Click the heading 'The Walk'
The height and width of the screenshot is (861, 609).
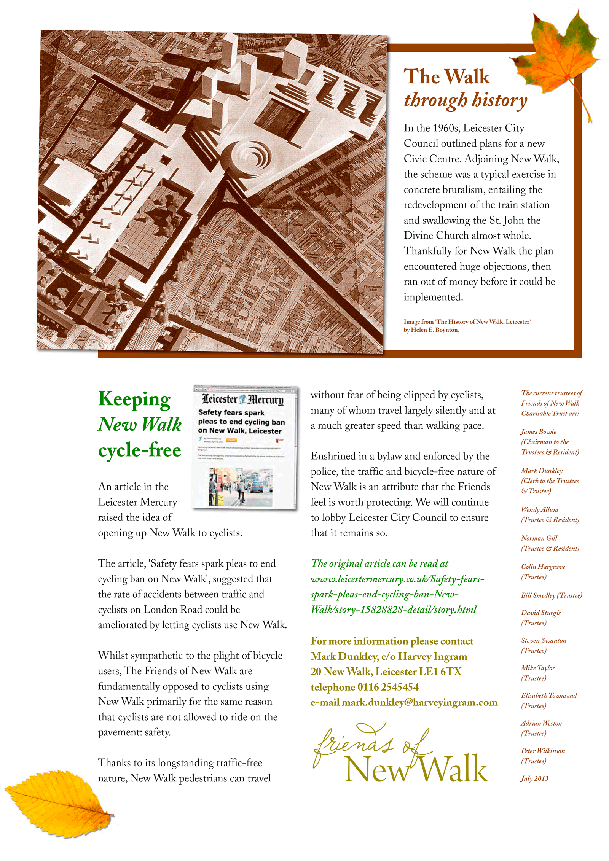(x=446, y=76)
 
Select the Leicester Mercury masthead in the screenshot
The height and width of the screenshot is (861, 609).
(x=242, y=399)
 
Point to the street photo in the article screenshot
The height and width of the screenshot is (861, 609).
(x=241, y=487)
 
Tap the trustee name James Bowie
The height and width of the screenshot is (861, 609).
(x=539, y=431)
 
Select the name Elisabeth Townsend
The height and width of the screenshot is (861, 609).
(x=548, y=695)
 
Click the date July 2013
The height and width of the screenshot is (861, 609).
(x=534, y=778)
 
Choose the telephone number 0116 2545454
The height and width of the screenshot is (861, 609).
(x=388, y=687)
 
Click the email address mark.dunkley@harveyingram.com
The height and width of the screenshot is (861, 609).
(x=419, y=702)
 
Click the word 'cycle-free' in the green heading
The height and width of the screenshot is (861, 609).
(x=139, y=450)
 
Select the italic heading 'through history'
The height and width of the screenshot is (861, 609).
(x=465, y=100)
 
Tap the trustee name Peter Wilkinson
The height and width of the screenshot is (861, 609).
(x=543, y=751)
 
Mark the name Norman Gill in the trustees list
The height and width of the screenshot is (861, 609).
(x=539, y=538)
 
